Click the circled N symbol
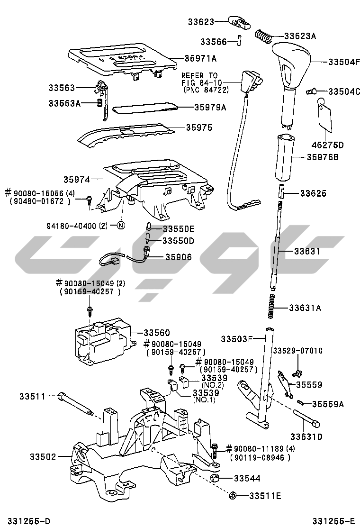(x=120, y=226)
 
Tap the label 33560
(x=157, y=333)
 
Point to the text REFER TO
(x=199, y=75)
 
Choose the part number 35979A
(x=210, y=108)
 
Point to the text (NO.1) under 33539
(x=204, y=400)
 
